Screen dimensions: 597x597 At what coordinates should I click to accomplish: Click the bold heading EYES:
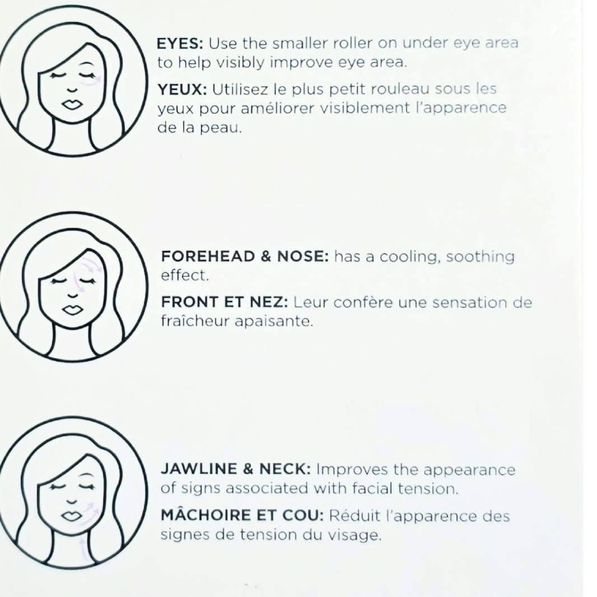(180, 44)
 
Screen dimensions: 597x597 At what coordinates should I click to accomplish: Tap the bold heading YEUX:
(183, 90)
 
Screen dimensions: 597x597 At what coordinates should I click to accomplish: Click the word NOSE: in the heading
(302, 256)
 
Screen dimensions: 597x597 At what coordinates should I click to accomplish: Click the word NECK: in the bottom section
(285, 469)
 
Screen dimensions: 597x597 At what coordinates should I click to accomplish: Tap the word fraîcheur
(195, 321)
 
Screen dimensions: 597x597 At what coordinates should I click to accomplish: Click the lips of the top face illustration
(72, 104)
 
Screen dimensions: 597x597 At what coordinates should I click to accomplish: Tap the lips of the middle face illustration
(72, 310)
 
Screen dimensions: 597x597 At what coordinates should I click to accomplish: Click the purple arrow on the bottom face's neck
(84, 548)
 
